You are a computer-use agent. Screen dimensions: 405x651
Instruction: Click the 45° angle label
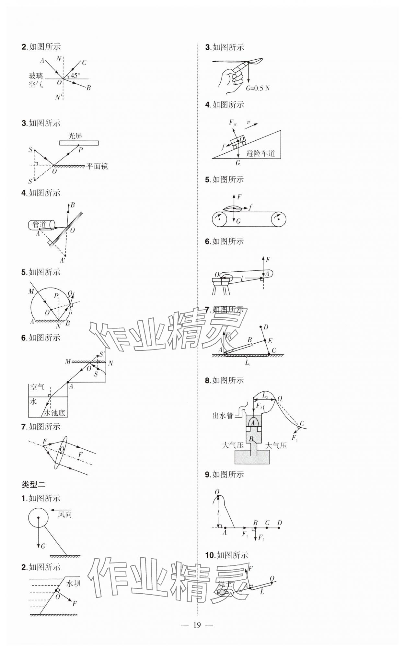coord(75,75)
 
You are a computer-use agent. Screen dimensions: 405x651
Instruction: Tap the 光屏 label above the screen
coord(75,136)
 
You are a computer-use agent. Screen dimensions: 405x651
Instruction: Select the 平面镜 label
coord(97,166)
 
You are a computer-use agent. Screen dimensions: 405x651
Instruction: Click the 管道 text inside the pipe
coord(40,224)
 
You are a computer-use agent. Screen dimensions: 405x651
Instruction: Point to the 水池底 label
coord(55,413)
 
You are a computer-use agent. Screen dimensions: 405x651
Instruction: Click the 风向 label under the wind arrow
coord(64,515)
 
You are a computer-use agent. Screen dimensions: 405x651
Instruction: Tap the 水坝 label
coord(73,584)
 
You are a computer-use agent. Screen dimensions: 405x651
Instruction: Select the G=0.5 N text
coord(258,88)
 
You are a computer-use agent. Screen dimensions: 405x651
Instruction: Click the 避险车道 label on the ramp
coord(260,153)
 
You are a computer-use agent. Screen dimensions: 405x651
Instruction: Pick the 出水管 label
coord(223,416)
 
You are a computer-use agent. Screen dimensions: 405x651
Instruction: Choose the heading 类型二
coord(33,485)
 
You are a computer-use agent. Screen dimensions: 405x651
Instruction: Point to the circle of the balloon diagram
coord(38,518)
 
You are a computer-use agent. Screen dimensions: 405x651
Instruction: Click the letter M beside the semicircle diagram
coord(31,291)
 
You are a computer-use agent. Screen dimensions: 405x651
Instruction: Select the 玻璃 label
coord(36,76)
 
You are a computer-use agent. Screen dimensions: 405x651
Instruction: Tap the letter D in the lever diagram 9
coord(279,523)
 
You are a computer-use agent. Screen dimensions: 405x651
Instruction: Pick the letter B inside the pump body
coord(251,439)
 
